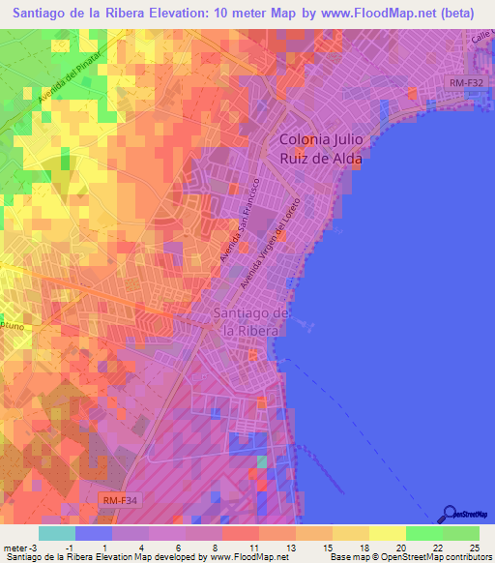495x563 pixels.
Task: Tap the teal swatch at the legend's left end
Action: [x=57, y=533]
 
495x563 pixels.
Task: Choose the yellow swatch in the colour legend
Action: [x=387, y=533]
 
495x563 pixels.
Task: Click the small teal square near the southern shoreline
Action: [x=260, y=462]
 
